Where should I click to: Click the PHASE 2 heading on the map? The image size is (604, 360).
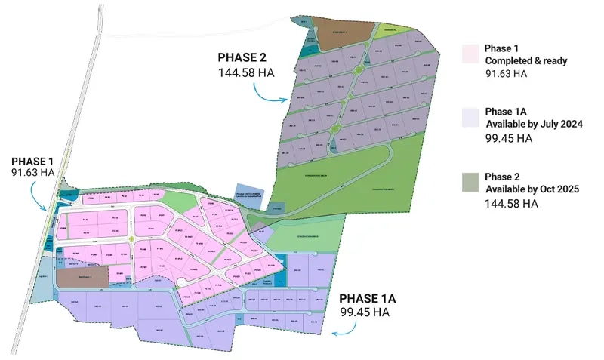pyautogui.click(x=242, y=57)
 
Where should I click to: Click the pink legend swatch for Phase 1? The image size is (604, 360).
pyautogui.click(x=470, y=54)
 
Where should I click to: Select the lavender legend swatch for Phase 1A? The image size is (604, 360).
pyautogui.click(x=470, y=118)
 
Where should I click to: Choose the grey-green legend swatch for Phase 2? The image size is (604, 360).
pyautogui.click(x=470, y=182)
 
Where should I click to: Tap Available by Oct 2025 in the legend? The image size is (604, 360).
pyautogui.click(x=532, y=189)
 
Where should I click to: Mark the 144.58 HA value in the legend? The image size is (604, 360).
pyautogui.click(x=512, y=204)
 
